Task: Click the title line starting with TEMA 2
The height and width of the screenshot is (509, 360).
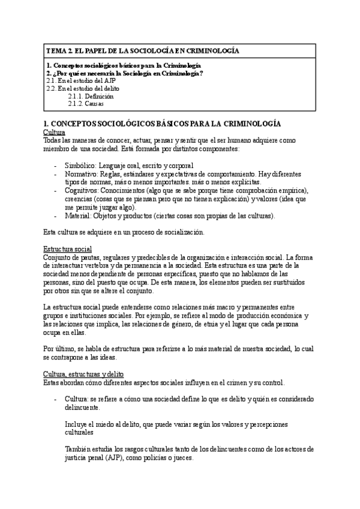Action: (142, 51)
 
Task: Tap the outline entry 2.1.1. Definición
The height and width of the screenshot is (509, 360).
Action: (91, 96)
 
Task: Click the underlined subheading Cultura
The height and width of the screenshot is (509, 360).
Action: (55, 131)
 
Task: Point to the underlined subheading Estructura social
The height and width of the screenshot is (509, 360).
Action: (67, 248)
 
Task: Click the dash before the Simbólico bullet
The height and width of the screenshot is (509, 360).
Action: (56, 166)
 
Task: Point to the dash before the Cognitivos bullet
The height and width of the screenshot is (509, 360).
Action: (56, 190)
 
